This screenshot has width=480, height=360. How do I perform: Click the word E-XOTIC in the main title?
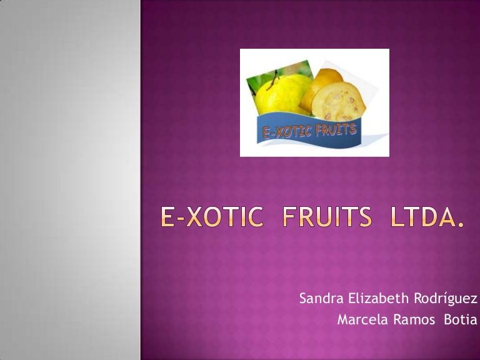212,217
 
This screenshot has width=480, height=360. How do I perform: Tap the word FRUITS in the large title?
327,217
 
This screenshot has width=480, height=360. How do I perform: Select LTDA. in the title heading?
427,217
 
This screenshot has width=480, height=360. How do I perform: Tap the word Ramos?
414,319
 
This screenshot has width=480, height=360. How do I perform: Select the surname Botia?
461,319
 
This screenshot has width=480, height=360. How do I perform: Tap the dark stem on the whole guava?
272,80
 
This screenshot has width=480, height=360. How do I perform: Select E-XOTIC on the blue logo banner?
287,132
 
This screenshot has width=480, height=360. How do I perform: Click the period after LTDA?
461,225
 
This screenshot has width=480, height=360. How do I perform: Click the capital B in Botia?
447,319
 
